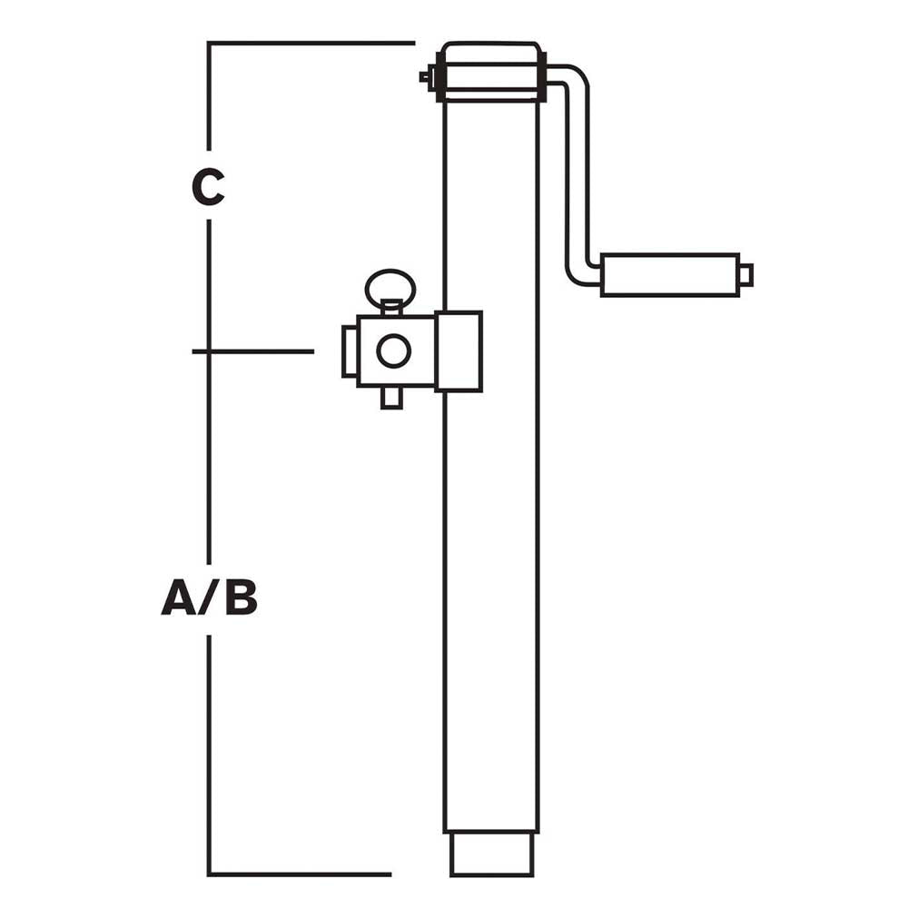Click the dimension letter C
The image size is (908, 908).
click(208, 187)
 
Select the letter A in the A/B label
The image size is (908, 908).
click(179, 598)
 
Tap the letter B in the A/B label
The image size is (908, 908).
click(241, 598)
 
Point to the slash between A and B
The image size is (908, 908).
click(211, 598)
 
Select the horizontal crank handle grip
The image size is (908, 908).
click(669, 275)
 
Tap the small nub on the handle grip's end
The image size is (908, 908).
click(745, 274)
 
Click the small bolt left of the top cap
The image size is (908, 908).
click(427, 78)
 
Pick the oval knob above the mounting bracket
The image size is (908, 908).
click(390, 287)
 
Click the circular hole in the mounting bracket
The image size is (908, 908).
click(393, 351)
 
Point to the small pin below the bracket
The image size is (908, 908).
click(391, 398)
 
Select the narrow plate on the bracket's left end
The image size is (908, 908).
click(349, 350)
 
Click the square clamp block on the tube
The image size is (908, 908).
click(459, 351)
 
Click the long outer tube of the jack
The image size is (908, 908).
click(491, 590)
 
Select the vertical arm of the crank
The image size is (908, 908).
click(576, 173)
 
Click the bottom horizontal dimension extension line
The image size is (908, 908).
click(300, 874)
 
